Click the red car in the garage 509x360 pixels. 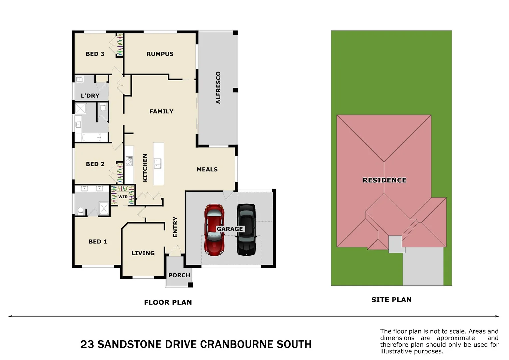click(214, 230)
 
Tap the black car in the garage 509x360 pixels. click(246, 230)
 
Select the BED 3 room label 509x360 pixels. click(95, 54)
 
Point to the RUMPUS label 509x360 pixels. click(160, 54)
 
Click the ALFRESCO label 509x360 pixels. click(218, 88)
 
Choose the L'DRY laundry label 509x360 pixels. click(90, 96)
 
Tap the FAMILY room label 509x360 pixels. click(161, 111)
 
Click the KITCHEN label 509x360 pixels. click(145, 168)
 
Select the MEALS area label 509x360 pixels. click(207, 169)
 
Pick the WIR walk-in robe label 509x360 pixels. click(123, 197)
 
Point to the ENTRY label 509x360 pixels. click(175, 227)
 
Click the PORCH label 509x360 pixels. click(179, 275)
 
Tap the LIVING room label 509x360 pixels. click(143, 253)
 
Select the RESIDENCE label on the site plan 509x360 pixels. click(384, 180)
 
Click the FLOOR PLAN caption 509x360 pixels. click(168, 302)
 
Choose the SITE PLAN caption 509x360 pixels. click(391, 300)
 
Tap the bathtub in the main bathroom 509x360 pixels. click(91, 137)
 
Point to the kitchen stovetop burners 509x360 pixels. click(129, 161)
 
